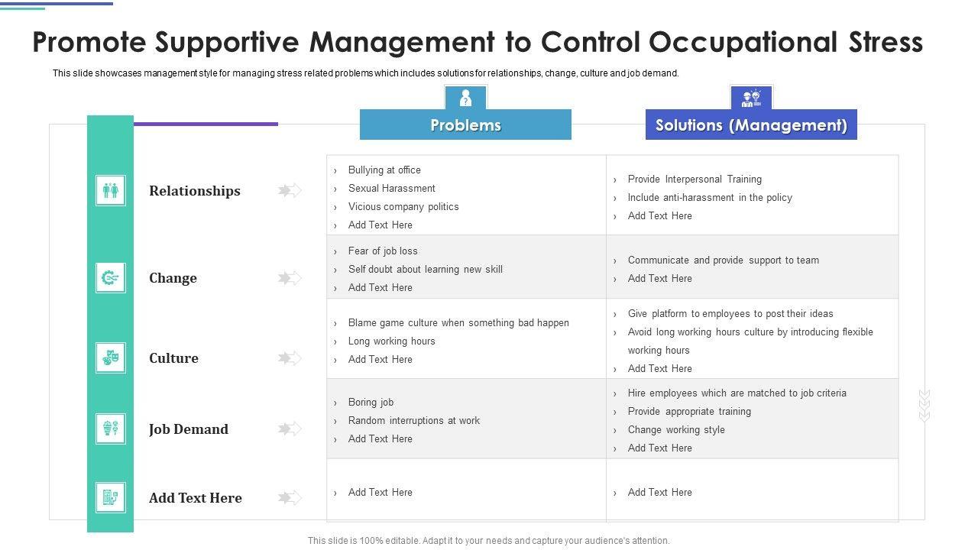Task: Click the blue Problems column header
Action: [465, 125]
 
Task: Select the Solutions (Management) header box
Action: [751, 125]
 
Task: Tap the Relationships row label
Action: [194, 191]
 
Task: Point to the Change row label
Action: [173, 278]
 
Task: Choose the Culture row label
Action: [173, 358]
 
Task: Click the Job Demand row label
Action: [188, 429]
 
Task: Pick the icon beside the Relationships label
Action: [111, 190]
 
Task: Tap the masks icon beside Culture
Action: [111, 357]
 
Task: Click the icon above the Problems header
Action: [465, 98]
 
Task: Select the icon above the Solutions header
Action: [751, 98]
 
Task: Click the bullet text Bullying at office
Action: [384, 170]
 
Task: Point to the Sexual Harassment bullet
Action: [391, 189]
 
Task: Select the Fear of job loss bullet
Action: [383, 251]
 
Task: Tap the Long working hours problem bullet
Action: [391, 341]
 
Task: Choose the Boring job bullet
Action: [371, 403]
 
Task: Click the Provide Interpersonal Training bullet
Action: [695, 180]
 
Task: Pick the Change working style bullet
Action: [676, 430]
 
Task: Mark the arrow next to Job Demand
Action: [290, 429]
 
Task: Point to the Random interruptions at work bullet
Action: [413, 421]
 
